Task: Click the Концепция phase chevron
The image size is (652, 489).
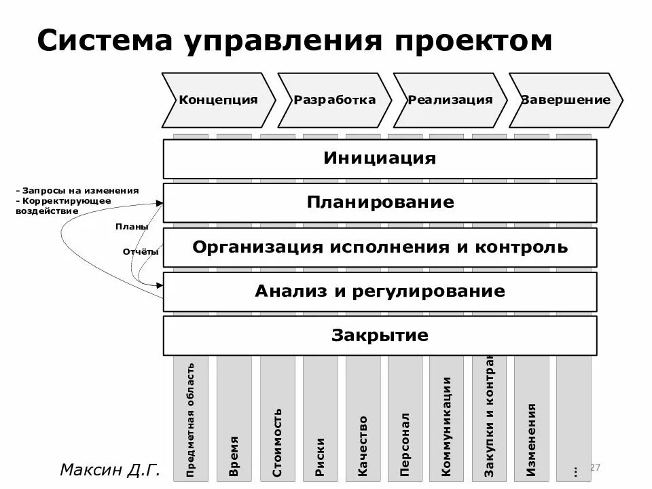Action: coord(218,100)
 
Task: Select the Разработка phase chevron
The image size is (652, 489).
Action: coord(334,100)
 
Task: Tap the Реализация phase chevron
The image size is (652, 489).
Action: coord(450,100)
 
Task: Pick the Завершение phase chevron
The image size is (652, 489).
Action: coord(566,100)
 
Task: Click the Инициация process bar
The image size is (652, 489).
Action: coord(380,159)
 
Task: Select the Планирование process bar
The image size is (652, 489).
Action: coord(380,202)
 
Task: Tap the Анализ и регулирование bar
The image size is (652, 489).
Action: coord(380,291)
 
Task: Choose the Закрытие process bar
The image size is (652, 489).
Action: coord(380,335)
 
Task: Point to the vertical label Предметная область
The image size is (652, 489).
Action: coord(191,418)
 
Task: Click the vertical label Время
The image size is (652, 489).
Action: coord(234,456)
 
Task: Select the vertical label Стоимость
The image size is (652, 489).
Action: coord(277,441)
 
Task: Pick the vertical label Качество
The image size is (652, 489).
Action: coord(363,446)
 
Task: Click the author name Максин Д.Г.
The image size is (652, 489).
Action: coord(109,469)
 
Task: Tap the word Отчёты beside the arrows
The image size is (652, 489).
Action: coord(141,252)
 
